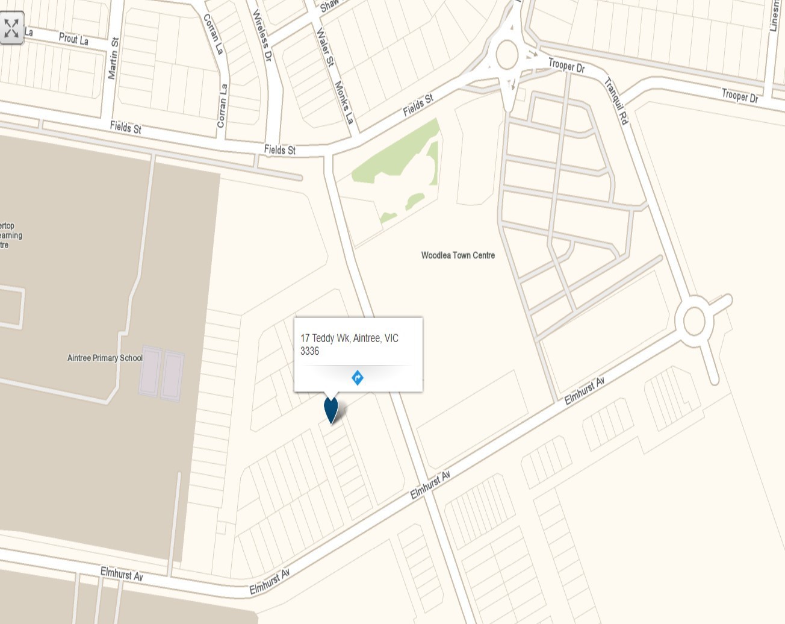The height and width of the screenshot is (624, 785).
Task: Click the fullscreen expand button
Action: (x=12, y=28)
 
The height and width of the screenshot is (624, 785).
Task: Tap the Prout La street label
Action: (x=73, y=39)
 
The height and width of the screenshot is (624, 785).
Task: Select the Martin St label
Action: (x=113, y=58)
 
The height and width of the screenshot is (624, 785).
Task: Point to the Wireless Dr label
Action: (x=262, y=36)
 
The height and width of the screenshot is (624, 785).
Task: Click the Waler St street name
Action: (x=324, y=47)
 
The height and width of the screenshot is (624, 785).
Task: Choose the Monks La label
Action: (x=343, y=102)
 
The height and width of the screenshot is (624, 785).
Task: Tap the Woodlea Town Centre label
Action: (x=458, y=255)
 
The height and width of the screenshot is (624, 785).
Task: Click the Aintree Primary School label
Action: (x=105, y=358)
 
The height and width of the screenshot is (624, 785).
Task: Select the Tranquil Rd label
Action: (x=616, y=101)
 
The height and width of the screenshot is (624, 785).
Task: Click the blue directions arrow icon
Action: (x=358, y=378)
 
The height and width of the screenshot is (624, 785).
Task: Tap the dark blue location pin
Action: (x=331, y=409)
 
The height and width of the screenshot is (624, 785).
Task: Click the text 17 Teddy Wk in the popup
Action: (x=324, y=339)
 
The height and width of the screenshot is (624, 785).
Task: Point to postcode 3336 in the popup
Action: (x=309, y=351)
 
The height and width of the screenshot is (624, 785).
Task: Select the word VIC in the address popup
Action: (x=391, y=339)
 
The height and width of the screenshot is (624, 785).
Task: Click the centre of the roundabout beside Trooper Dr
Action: (x=507, y=55)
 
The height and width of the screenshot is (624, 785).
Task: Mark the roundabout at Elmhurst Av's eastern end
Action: (x=694, y=320)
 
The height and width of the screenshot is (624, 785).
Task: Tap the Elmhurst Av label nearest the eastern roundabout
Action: (x=584, y=391)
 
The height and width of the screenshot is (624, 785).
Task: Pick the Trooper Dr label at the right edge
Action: (x=740, y=95)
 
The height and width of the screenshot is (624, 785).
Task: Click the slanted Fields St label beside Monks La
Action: (x=418, y=105)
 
